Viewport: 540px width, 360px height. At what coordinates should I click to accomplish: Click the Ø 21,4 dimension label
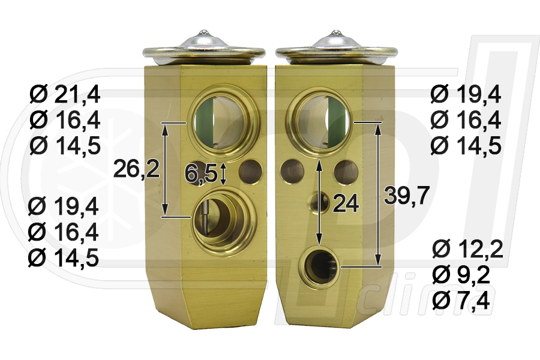click(x=65, y=95)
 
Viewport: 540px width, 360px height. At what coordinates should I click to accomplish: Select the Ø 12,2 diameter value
click(x=467, y=250)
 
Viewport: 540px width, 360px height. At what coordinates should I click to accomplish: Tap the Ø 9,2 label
click(x=461, y=275)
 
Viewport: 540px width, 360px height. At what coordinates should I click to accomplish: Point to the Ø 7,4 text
click(x=461, y=301)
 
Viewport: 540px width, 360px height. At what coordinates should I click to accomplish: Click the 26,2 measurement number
click(x=136, y=169)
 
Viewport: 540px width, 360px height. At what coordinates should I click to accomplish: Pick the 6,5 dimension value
click(x=201, y=173)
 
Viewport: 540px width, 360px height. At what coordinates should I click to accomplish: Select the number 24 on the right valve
click(x=346, y=203)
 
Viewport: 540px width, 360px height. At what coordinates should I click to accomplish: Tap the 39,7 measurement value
click(x=407, y=195)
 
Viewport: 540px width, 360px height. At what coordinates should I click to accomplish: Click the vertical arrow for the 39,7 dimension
click(x=378, y=194)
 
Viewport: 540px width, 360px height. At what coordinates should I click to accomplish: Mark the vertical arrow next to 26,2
click(x=166, y=169)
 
